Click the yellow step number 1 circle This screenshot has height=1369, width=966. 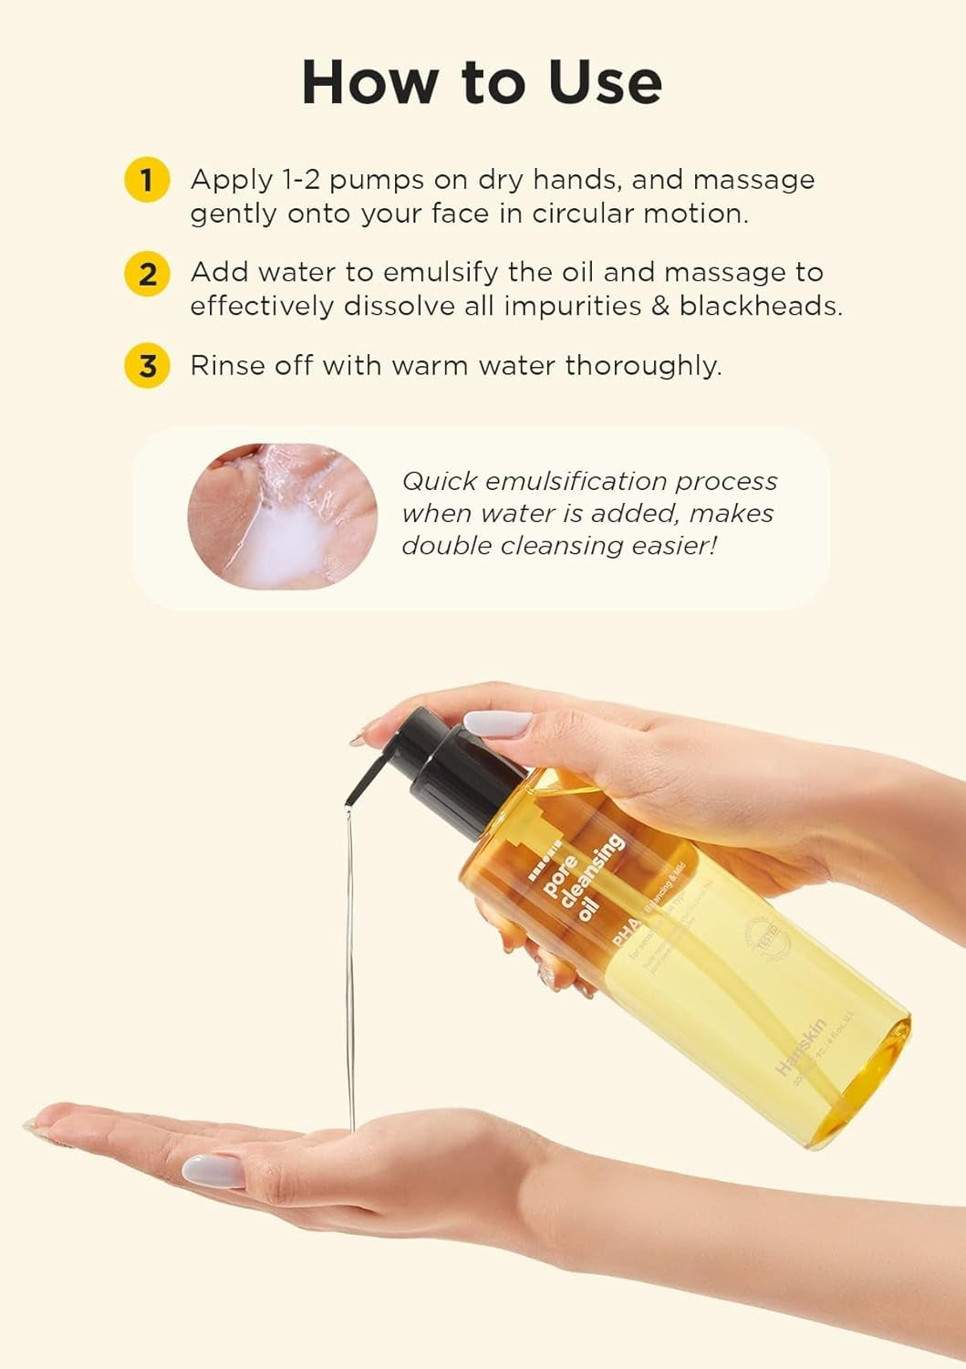146,179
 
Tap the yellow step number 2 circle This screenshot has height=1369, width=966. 146,273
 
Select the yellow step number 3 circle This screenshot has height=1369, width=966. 146,366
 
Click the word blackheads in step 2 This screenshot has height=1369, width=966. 760,305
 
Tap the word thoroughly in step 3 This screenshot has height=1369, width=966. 643,366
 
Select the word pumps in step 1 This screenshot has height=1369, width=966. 376,180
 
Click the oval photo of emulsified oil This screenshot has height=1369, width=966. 282,516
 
